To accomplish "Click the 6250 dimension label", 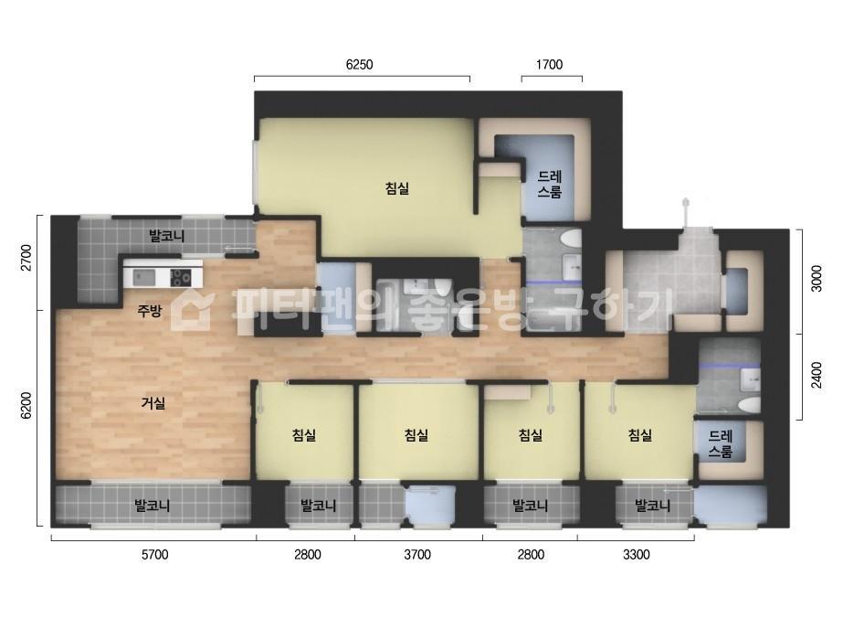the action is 359,65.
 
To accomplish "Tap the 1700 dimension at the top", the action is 550,65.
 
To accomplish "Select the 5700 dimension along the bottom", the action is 155,555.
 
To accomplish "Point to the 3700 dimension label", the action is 417,555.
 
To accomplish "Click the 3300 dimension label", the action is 637,555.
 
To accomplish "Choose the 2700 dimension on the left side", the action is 26,259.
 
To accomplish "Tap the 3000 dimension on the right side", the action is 817,278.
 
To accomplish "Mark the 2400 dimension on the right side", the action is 817,375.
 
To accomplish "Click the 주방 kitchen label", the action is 150,311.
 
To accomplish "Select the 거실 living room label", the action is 153,402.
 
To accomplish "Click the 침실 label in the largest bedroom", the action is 397,188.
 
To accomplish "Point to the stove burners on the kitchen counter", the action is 180,278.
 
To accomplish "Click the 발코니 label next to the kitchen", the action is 166,236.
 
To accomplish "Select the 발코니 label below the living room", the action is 153,506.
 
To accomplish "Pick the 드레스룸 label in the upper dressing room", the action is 550,184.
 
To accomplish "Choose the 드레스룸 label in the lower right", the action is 721,443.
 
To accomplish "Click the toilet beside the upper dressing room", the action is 570,239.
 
